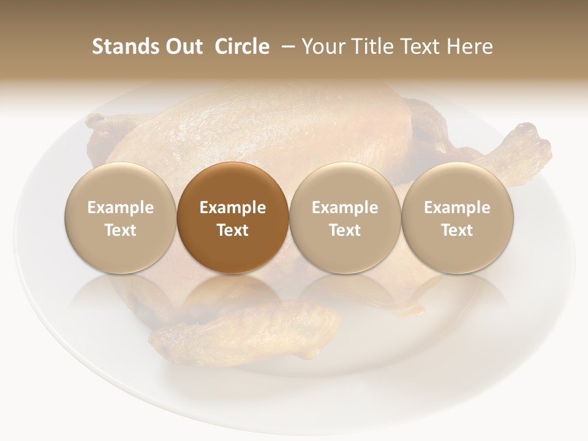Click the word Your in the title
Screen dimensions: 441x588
pyautogui.click(x=323, y=47)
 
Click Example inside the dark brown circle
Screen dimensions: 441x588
pyautogui.click(x=233, y=208)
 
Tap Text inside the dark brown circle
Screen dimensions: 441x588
pyautogui.click(x=233, y=230)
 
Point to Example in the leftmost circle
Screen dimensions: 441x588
pyautogui.click(x=121, y=208)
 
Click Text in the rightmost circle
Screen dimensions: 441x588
pyautogui.click(x=458, y=230)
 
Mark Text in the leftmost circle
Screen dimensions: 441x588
pyautogui.click(x=121, y=230)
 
